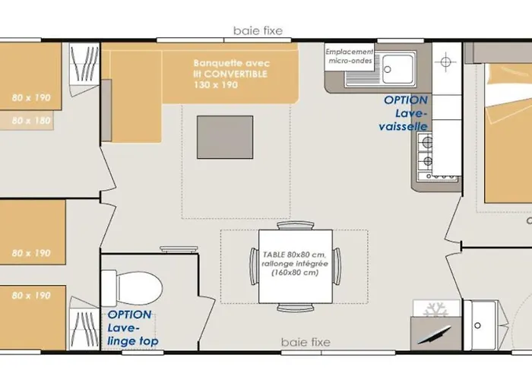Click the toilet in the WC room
pos(131,288)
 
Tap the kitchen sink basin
pos(398,69)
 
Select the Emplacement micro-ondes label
pos(350,56)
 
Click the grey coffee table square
pos(225,137)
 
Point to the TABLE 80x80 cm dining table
pos(296,266)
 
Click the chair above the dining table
pos(295,226)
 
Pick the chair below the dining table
pos(295,307)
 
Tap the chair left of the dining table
pos(254,266)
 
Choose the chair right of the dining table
pos(337,266)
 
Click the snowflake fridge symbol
pos(435,309)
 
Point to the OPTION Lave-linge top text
pos(133,328)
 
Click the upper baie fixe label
pos(258,31)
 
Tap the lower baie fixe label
pos(306,342)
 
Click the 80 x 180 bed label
pos(31,120)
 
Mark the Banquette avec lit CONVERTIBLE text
pos(232,74)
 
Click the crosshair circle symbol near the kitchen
pos(446,62)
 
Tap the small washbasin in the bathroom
pos(480,325)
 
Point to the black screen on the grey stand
pos(434,335)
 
